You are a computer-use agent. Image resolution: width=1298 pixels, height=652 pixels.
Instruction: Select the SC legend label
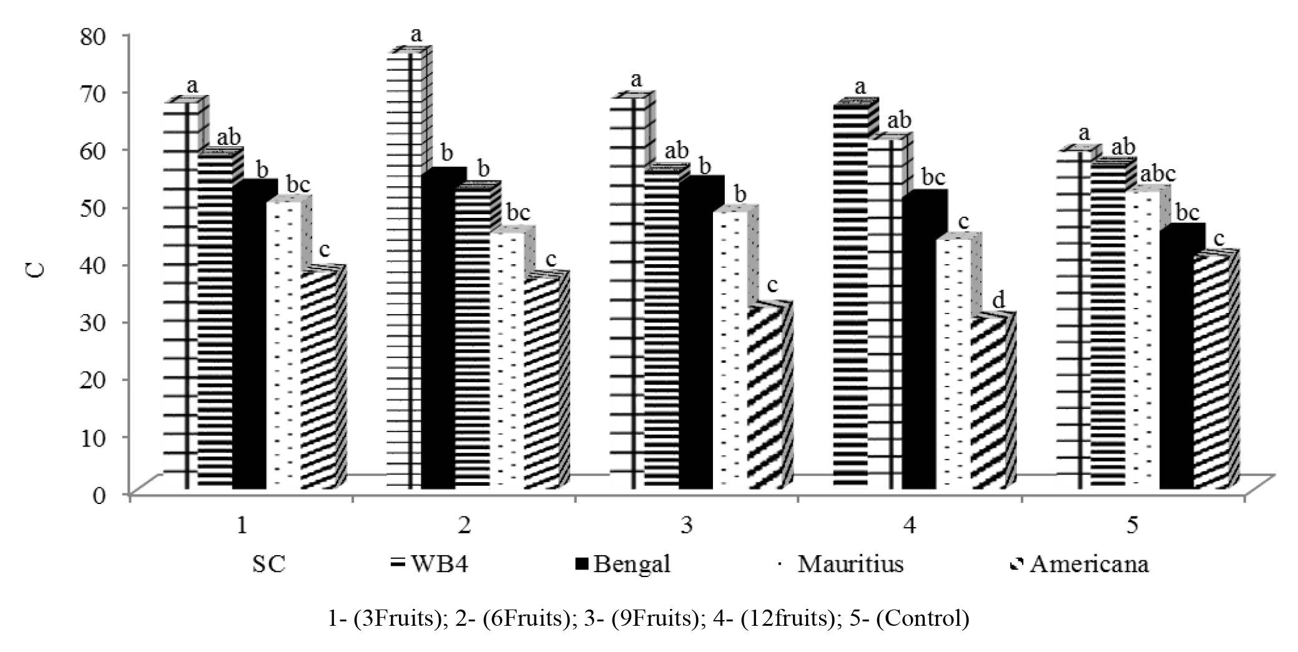[268, 565]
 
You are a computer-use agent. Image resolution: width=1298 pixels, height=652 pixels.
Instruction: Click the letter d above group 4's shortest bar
[998, 301]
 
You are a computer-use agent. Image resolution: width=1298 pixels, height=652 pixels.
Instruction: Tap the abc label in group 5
[1158, 174]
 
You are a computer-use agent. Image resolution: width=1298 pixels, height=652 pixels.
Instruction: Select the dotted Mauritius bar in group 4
[953, 362]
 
